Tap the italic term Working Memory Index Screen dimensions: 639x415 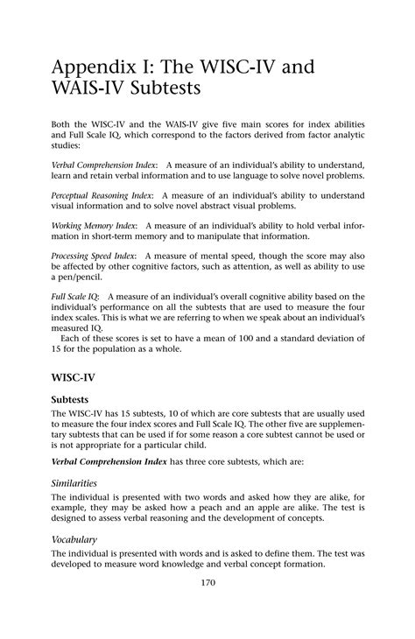click(92, 225)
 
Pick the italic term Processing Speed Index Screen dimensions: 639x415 click(94, 256)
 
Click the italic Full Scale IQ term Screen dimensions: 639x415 click(74, 298)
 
